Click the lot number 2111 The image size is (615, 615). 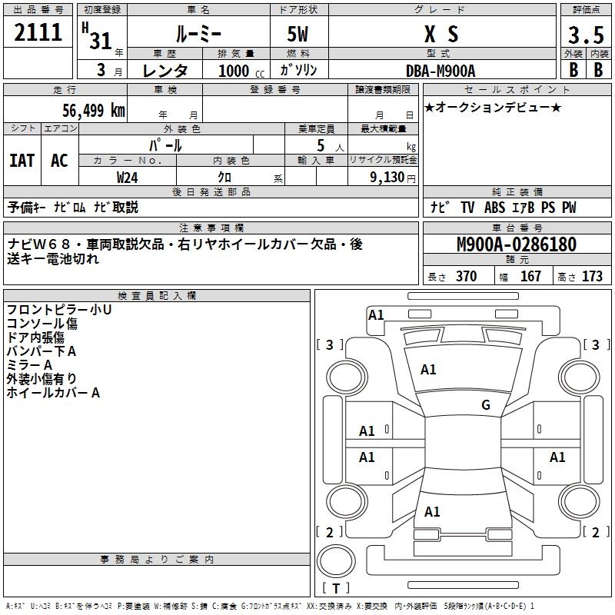(38, 32)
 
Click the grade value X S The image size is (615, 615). (441, 34)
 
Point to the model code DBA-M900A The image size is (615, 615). (441, 70)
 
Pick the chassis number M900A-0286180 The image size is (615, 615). (517, 245)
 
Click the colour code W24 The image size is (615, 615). (128, 178)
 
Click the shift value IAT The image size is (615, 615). (22, 160)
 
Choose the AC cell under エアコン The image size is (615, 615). (59, 160)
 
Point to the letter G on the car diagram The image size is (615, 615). (485, 405)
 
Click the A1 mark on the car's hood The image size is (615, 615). (428, 370)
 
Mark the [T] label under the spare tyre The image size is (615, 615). (336, 589)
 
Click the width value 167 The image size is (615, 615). (530, 277)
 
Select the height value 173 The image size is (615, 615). (592, 277)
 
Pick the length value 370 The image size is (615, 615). (466, 277)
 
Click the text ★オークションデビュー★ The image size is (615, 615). (493, 107)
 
